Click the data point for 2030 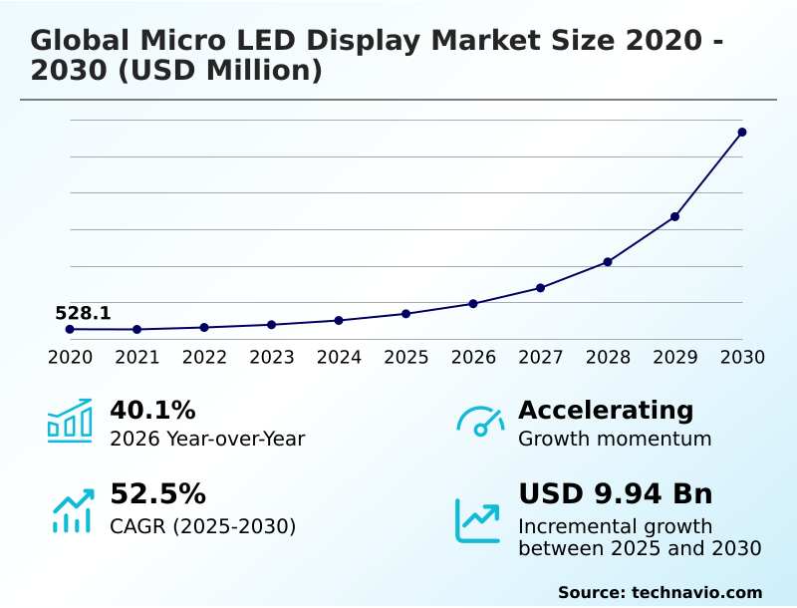pyautogui.click(x=742, y=132)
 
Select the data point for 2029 pyautogui.click(x=674, y=216)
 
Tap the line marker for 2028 pyautogui.click(x=608, y=261)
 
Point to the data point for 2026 pyautogui.click(x=473, y=303)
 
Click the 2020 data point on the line pyautogui.click(x=70, y=329)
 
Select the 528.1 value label pyautogui.click(x=83, y=314)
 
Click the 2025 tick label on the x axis pyautogui.click(x=405, y=357)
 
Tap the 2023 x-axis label pyautogui.click(x=271, y=357)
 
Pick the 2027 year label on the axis pyautogui.click(x=540, y=357)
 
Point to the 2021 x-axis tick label pyautogui.click(x=136, y=357)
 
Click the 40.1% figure pyautogui.click(x=152, y=410)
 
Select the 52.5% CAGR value pyautogui.click(x=157, y=494)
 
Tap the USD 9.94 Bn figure pyautogui.click(x=615, y=494)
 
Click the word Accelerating pyautogui.click(x=606, y=410)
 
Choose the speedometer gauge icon pyautogui.click(x=480, y=422)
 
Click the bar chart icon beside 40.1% pyautogui.click(x=70, y=421)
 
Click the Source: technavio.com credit pyautogui.click(x=660, y=592)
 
